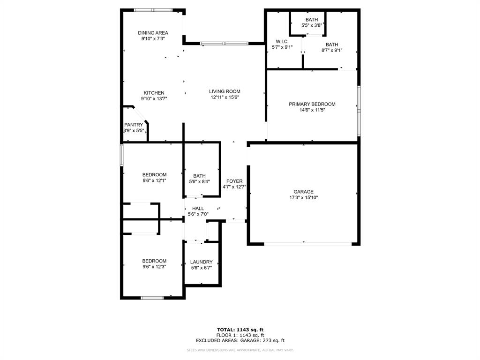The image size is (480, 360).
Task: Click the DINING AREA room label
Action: pos(153,33)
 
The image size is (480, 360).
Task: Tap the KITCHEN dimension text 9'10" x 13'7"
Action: pos(154,99)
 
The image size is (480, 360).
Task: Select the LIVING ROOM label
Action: pos(225,91)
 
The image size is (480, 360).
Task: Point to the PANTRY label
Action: pos(134,125)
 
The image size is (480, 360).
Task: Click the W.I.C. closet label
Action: pos(282,41)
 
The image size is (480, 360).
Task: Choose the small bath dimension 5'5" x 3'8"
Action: pos(311,26)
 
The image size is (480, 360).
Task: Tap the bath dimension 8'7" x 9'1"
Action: pos(332,51)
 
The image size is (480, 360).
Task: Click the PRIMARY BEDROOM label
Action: pos(312,104)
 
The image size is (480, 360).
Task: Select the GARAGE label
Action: pos(303,192)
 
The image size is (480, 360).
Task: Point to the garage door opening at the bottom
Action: pos(307,244)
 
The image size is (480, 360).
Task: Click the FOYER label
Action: pos(234,181)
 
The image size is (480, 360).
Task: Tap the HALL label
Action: pos(198,209)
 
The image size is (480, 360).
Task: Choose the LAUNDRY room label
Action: pos(202,262)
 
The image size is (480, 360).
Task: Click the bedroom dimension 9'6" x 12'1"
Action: pos(154,180)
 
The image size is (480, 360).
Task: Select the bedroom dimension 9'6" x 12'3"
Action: pos(154,267)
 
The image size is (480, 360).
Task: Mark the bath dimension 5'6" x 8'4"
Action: pos(199,182)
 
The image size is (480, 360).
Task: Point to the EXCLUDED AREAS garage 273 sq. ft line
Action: pos(240,341)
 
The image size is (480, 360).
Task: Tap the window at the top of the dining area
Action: pos(153,10)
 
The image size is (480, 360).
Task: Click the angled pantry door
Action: pos(140,114)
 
